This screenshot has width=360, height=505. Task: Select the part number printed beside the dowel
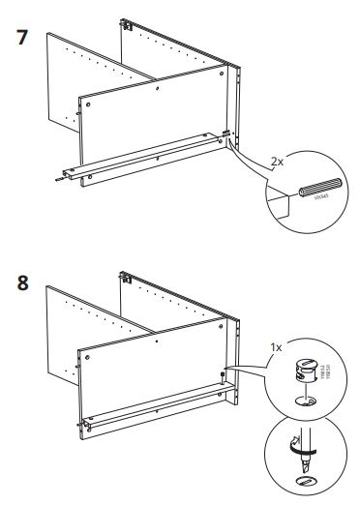pos(321,196)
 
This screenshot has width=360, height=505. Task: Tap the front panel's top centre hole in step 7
pos(157,89)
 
